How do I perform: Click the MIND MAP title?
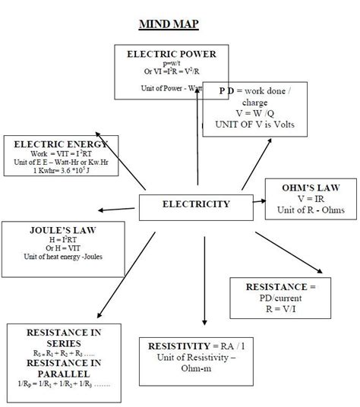pos(169,24)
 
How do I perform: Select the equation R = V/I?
pos(280,310)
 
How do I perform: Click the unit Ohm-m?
pos(203,369)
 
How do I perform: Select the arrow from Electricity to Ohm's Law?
pos(258,202)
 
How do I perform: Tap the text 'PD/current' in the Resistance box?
pos(280,298)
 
